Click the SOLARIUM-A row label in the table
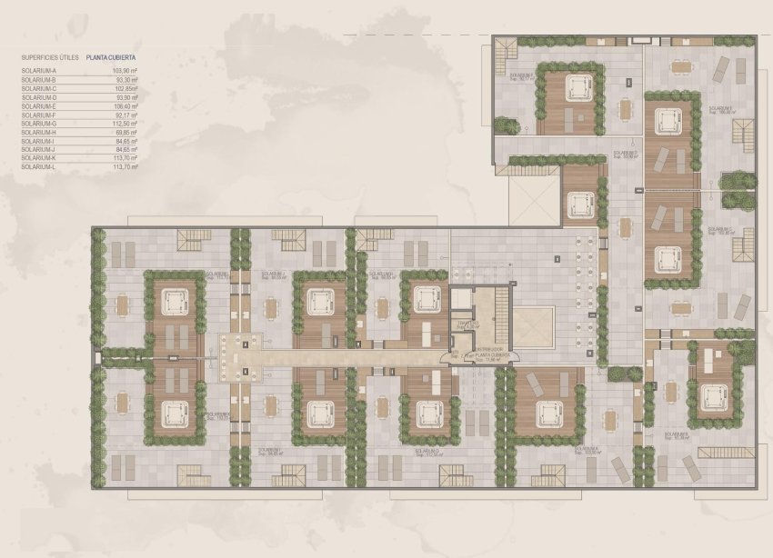point(38,71)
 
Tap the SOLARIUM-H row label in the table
point(38,133)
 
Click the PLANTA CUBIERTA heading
point(111,56)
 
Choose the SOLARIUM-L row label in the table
point(38,167)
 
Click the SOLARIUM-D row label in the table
point(38,97)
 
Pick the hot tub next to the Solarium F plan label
point(576,88)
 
